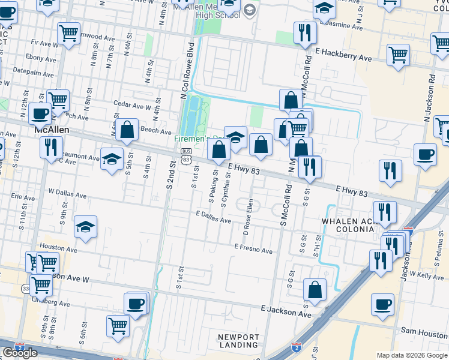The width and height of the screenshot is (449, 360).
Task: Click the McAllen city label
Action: tap(51, 130)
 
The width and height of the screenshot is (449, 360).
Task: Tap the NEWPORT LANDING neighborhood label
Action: tap(238, 341)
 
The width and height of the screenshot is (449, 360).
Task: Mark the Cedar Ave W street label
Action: tap(133, 107)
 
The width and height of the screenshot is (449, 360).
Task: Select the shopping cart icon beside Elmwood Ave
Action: tap(69, 33)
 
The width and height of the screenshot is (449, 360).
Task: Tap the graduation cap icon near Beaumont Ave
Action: tap(112, 159)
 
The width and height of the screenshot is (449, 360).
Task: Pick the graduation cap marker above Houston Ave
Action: tap(85, 227)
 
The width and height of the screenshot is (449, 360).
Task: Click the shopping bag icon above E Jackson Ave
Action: tap(315, 290)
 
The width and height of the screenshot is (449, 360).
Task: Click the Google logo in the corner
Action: tap(20, 352)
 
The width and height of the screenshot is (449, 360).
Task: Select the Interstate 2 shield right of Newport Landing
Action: tap(295, 347)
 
